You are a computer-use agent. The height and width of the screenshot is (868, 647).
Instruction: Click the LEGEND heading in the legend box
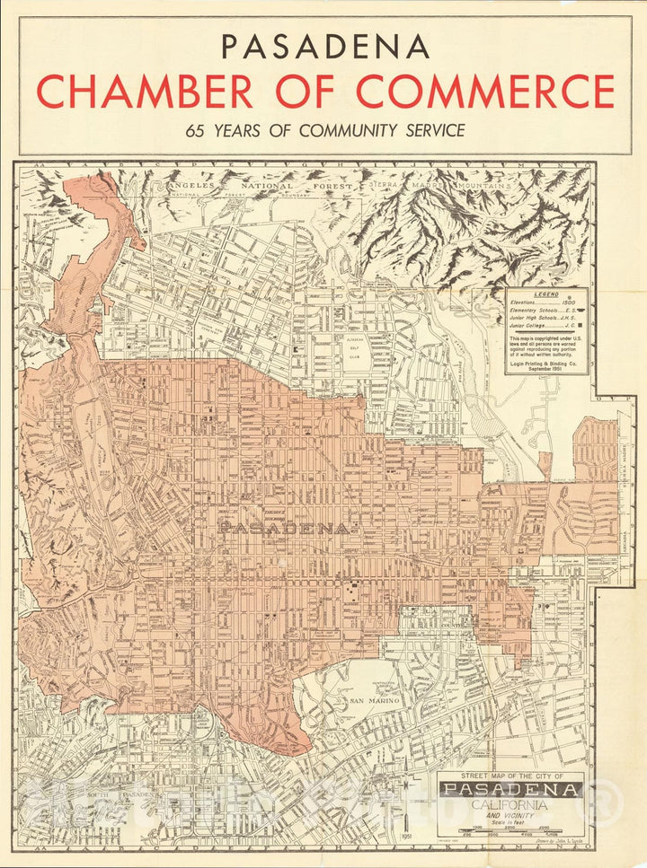point(546,294)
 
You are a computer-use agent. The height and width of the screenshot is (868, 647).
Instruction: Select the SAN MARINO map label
point(368,700)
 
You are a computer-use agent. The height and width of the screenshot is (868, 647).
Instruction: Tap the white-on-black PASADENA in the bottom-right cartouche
point(511,790)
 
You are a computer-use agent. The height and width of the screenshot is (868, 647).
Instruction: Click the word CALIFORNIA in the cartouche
point(511,805)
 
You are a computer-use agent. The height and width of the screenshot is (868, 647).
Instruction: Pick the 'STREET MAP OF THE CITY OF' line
point(511,776)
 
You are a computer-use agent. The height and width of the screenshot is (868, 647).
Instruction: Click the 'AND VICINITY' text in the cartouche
point(511,815)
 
